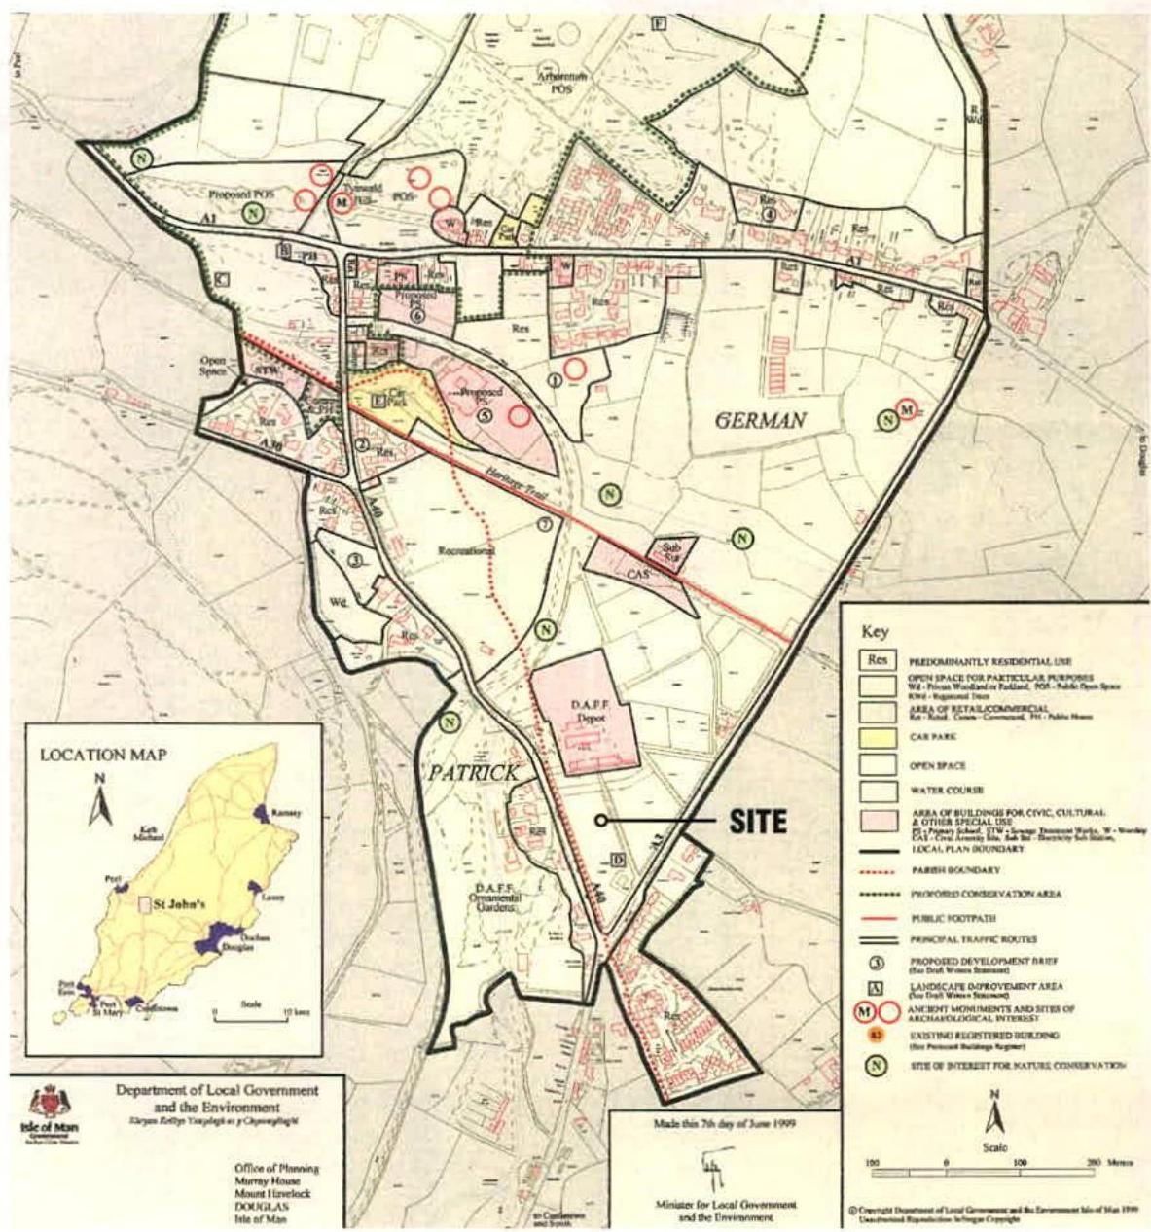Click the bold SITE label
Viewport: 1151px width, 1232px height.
pyautogui.click(x=758, y=822)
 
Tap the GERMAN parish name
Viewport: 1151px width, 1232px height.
pyautogui.click(x=761, y=420)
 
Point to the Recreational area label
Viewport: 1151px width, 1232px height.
pyautogui.click(x=467, y=551)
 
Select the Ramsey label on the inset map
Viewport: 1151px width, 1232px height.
pyautogui.click(x=288, y=812)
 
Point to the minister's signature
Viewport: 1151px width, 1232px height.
pyautogui.click(x=713, y=1168)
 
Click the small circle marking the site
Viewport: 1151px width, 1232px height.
pyautogui.click(x=602, y=822)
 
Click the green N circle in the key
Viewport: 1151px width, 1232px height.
pyautogui.click(x=876, y=1066)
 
